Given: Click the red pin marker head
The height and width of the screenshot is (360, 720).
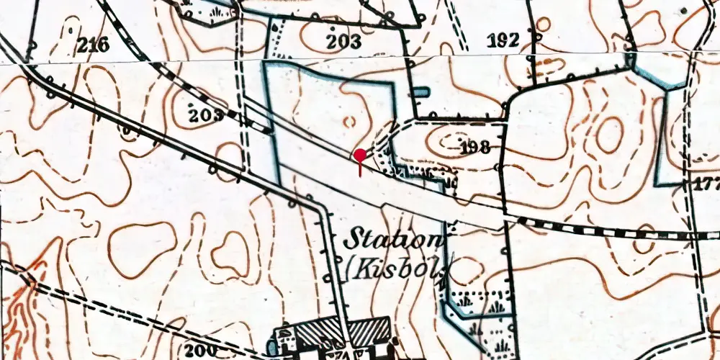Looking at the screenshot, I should [x=360, y=154].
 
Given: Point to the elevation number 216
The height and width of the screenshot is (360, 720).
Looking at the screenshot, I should [x=93, y=46].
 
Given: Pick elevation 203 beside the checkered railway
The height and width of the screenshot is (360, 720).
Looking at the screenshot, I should [x=207, y=115].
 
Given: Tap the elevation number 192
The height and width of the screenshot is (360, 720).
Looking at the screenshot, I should [x=503, y=40].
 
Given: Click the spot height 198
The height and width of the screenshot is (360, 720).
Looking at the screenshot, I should [x=474, y=148].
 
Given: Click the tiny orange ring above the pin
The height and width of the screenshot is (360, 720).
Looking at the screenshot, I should [x=351, y=122].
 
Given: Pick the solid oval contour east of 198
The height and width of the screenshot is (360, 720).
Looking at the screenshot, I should [x=608, y=135].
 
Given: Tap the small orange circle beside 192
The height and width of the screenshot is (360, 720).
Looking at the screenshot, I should [x=544, y=24].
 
